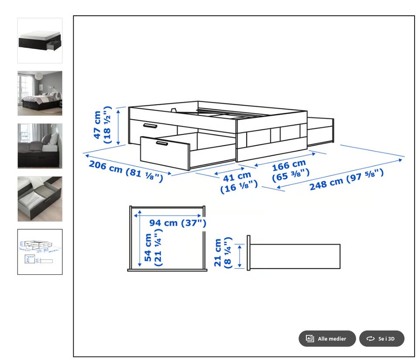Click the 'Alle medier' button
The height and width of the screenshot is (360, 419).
(x=327, y=339)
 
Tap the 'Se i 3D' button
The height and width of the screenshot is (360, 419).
(x=381, y=339)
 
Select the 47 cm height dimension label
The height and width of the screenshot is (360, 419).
(x=102, y=125)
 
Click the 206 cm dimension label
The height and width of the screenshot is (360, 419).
(x=126, y=171)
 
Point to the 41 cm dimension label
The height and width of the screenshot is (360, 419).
(x=239, y=183)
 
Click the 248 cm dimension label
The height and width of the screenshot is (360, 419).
(x=347, y=180)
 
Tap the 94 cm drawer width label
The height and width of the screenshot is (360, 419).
(x=178, y=223)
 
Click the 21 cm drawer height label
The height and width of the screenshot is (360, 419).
(x=223, y=253)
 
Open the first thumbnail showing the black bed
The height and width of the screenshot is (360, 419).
(x=40, y=41)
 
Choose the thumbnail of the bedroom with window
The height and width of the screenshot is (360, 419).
(x=40, y=93)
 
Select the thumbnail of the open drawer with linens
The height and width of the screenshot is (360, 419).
(x=40, y=199)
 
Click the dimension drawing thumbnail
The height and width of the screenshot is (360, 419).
(x=40, y=252)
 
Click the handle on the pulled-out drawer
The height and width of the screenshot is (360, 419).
(x=162, y=144)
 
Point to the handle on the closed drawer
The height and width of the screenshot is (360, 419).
(x=150, y=126)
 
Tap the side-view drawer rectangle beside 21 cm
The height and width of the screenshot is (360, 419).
(x=295, y=256)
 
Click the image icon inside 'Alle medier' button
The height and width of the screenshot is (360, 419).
(x=310, y=338)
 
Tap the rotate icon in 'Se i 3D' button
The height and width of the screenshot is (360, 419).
(x=371, y=339)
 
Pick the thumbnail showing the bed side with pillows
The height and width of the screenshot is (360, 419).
(x=40, y=146)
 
